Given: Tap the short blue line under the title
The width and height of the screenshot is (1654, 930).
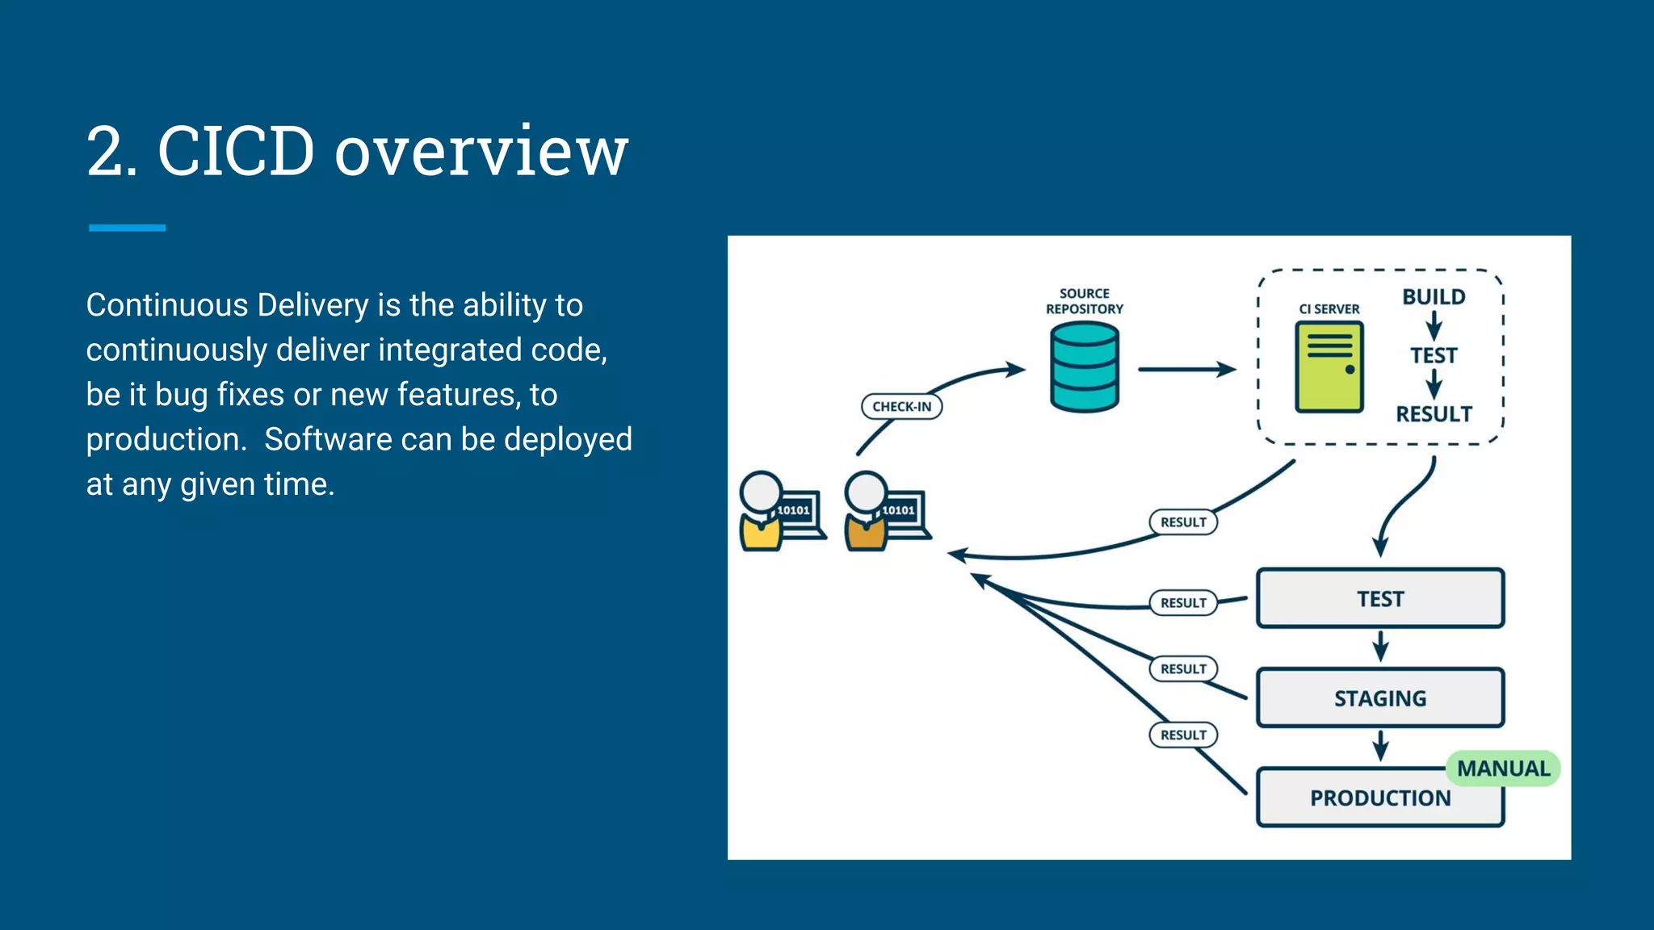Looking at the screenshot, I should point(127,228).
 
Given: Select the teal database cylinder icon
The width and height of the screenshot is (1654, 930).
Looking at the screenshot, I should point(1084,367).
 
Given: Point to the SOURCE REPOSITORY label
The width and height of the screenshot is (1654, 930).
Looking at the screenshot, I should point(1084,301).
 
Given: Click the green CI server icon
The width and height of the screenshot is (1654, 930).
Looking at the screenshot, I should point(1329,367).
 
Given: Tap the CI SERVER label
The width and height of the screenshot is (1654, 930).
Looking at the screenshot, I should point(1329,309).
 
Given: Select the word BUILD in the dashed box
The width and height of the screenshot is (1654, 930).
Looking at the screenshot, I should point(1434,297).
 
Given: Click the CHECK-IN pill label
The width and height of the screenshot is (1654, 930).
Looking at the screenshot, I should point(901,406).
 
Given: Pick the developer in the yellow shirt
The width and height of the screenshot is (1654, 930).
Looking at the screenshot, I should point(762,513).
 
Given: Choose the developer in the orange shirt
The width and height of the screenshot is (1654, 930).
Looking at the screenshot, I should point(867,513).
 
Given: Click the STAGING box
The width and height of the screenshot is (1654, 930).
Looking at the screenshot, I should point(1379,698).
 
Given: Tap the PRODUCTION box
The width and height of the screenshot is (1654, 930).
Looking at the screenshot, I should point(1379,798).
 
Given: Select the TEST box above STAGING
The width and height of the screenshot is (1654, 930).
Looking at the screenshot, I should point(1379,599).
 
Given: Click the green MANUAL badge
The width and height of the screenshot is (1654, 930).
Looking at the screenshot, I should point(1503,769).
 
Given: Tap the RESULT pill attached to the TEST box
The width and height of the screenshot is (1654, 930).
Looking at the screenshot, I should point(1183,602).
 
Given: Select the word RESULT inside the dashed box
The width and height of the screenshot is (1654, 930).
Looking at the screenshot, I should point(1434,414).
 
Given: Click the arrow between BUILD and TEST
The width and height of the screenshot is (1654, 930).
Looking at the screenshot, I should point(1434,326).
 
